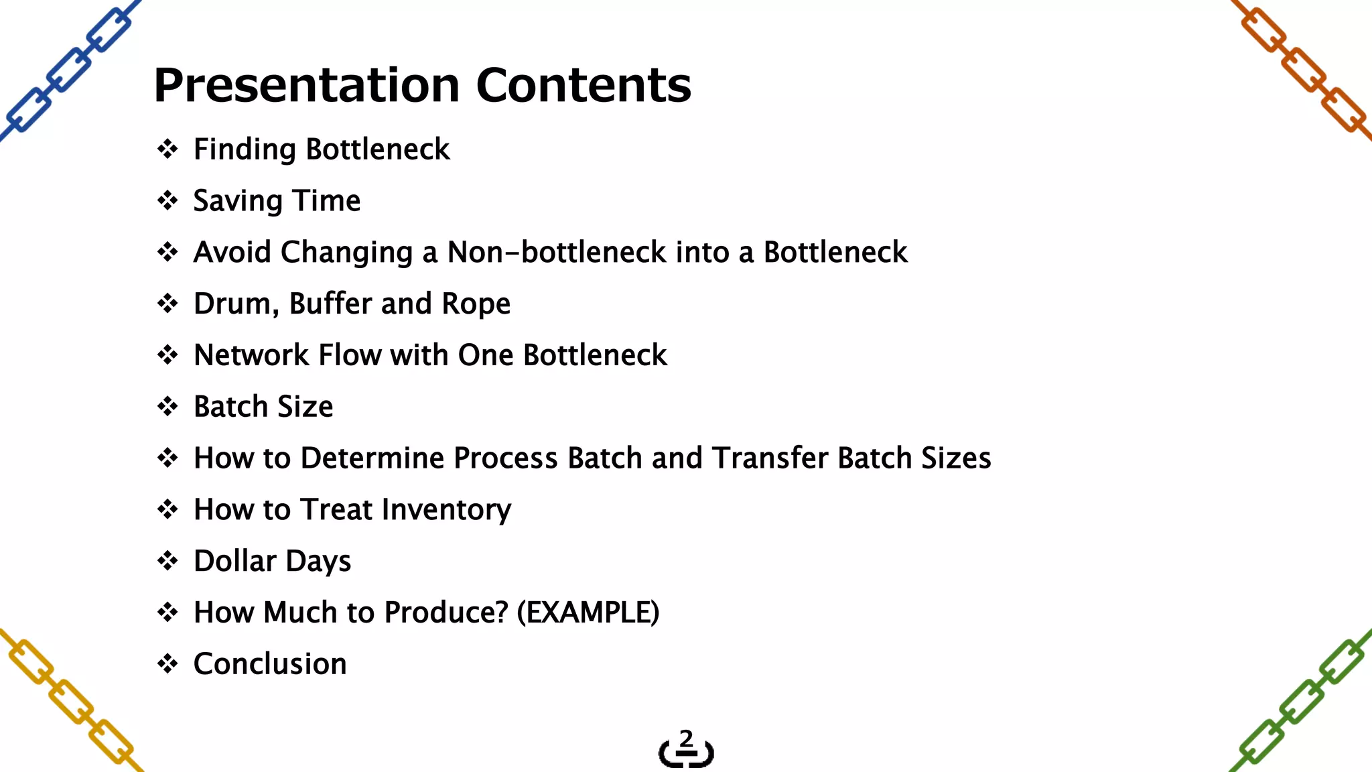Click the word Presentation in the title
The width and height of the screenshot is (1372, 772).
[x=306, y=86]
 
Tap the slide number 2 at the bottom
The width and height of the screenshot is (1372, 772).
[x=686, y=738]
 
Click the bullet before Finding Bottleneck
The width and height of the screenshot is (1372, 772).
[x=167, y=149]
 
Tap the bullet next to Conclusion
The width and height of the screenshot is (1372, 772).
[x=167, y=664]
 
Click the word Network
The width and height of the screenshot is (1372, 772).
[x=251, y=355]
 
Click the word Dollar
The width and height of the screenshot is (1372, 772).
[x=234, y=561]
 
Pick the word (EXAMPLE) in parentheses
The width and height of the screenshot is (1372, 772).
[x=588, y=613]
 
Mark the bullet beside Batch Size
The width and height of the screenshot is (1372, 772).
[x=167, y=407]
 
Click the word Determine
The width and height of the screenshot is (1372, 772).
[x=372, y=458]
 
